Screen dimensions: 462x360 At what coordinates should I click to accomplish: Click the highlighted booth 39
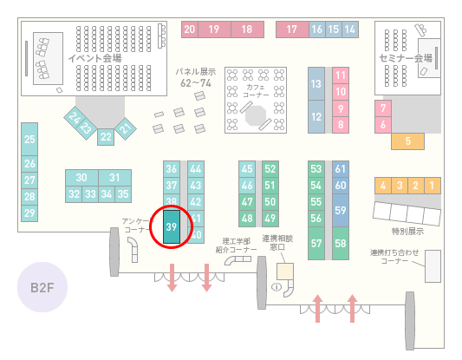coord(172,226)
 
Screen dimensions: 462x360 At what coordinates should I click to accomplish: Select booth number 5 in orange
coord(407,141)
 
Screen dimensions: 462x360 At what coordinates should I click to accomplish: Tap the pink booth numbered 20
coord(190,29)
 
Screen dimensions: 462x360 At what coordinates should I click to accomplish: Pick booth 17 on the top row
coord(292,29)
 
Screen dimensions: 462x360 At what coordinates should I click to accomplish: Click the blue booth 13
coord(316,84)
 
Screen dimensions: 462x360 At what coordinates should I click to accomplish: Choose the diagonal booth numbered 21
coord(126,128)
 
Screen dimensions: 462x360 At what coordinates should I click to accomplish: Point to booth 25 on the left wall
coord(29,139)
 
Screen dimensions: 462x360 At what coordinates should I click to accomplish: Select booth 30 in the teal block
coord(81,178)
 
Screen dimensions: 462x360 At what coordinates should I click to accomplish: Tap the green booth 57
coord(316,243)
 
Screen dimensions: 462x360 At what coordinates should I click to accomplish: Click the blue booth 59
coord(341,210)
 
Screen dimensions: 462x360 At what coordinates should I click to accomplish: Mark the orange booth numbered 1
coord(433,186)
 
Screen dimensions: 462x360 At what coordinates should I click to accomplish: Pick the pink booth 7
coord(383,108)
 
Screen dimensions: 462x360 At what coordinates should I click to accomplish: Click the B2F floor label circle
coord(42,287)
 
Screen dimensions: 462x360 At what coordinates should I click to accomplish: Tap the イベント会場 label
coord(94,58)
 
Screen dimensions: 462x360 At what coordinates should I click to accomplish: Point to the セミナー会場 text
coord(406,58)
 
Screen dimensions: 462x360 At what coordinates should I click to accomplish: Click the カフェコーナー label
coord(256,91)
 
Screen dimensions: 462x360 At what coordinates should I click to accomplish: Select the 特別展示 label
coord(407,231)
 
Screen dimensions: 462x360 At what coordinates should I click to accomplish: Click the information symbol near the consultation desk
coord(277,286)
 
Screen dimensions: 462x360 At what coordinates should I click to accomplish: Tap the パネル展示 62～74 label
coord(196,77)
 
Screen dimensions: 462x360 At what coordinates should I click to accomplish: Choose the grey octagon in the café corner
coord(256,115)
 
